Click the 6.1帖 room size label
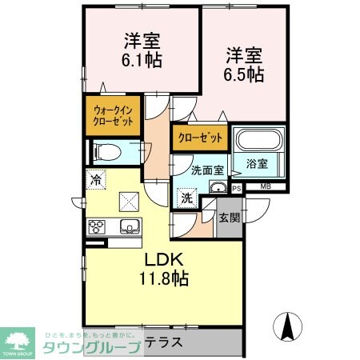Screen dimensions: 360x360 point(142,60)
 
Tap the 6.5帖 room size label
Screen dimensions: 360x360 point(244,74)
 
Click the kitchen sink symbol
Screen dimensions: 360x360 point(129,226)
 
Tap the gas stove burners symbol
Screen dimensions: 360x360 point(97,226)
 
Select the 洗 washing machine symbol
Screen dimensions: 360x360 point(185,198)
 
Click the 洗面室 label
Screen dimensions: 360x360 point(206,170)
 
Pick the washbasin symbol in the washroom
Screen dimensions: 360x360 point(217,187)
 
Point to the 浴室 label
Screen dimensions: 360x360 point(257,163)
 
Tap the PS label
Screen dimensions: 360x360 point(237,188)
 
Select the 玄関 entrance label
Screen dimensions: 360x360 point(228,216)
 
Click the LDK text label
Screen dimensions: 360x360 point(164,261)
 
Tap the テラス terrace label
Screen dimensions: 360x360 point(164,342)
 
